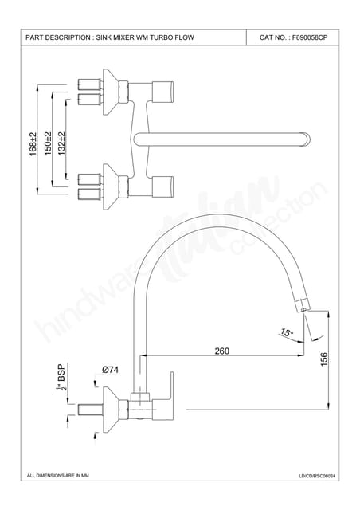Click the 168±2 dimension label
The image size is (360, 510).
click(x=33, y=143)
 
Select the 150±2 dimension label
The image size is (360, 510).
click(x=48, y=143)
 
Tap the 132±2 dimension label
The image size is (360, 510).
click(x=61, y=143)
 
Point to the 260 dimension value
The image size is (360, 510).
click(x=221, y=351)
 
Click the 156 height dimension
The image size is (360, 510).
click(x=324, y=359)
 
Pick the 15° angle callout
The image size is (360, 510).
click(x=286, y=332)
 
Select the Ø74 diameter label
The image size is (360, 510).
click(x=110, y=370)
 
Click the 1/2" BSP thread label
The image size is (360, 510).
click(x=61, y=377)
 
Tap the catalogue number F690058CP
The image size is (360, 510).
click(x=310, y=37)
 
